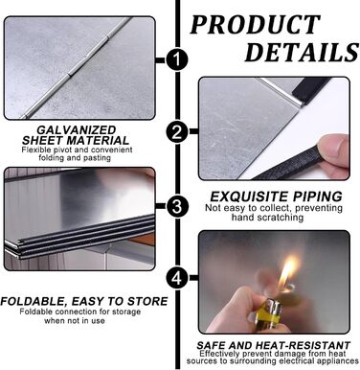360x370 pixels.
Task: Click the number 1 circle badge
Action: (x=176, y=59)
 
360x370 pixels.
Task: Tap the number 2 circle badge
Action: (x=177, y=132)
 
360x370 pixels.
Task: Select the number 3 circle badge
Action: (x=176, y=206)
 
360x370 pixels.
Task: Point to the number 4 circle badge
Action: (x=177, y=278)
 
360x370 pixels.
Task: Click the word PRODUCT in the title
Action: (x=255, y=25)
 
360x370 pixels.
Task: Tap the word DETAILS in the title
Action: (x=302, y=53)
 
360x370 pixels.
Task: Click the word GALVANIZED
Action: (x=77, y=130)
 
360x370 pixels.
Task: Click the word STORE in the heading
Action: (x=147, y=301)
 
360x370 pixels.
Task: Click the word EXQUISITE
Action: (x=245, y=197)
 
